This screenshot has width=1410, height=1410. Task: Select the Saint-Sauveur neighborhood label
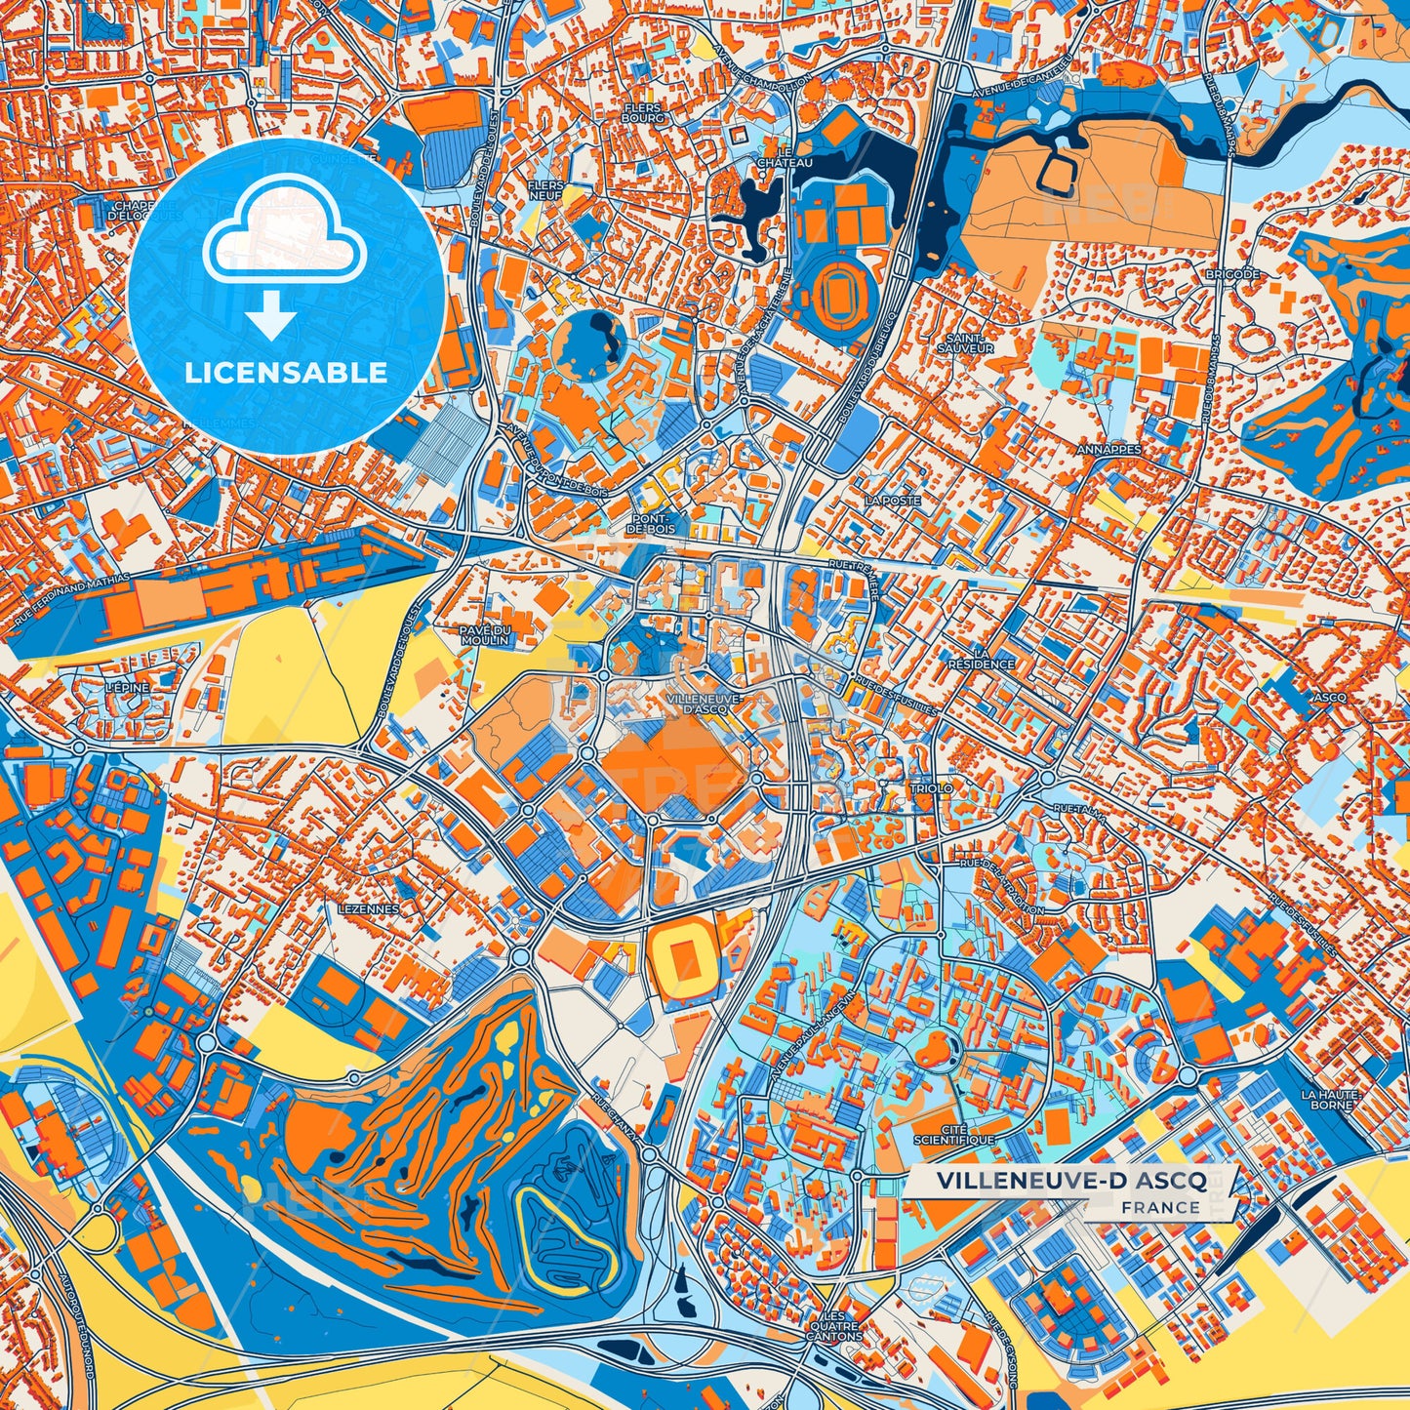[x=965, y=342]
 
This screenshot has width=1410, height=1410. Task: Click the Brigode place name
[x=1232, y=275]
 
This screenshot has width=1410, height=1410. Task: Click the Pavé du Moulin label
[x=485, y=635]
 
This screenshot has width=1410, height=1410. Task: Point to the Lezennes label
[x=368, y=908]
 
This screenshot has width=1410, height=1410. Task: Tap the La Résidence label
[x=981, y=658]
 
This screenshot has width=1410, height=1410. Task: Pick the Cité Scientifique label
[x=953, y=1134]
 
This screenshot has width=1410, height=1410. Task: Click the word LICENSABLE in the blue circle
[x=287, y=373]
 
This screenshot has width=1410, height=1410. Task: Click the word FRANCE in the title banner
[x=1160, y=1207]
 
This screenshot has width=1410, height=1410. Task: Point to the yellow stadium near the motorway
[x=682, y=949]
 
